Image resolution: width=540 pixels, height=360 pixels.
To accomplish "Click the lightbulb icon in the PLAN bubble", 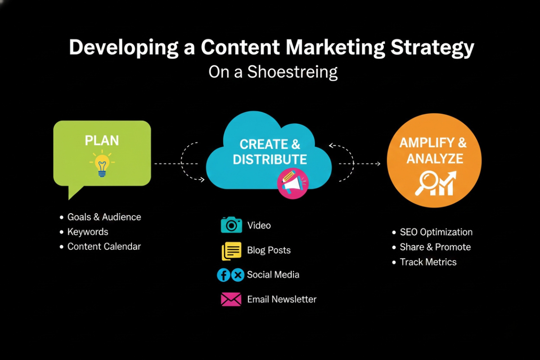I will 102,165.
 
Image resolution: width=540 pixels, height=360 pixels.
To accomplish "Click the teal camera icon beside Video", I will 231,225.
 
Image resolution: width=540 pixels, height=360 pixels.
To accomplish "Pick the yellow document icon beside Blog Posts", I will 232,251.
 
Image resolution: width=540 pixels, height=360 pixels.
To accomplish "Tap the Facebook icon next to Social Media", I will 224,275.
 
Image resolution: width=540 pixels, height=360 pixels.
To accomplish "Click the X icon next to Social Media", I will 238,275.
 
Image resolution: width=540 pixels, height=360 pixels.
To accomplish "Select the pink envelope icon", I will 231,299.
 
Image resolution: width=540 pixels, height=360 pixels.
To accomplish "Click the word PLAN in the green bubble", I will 102,141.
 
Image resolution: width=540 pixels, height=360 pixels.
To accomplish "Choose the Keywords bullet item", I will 88,232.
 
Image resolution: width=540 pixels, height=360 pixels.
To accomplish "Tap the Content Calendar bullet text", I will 104,247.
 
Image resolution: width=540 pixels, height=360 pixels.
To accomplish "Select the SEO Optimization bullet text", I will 436,232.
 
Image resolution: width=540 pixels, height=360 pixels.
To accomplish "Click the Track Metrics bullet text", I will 428,262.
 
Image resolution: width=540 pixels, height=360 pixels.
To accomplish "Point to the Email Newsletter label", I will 282,299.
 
